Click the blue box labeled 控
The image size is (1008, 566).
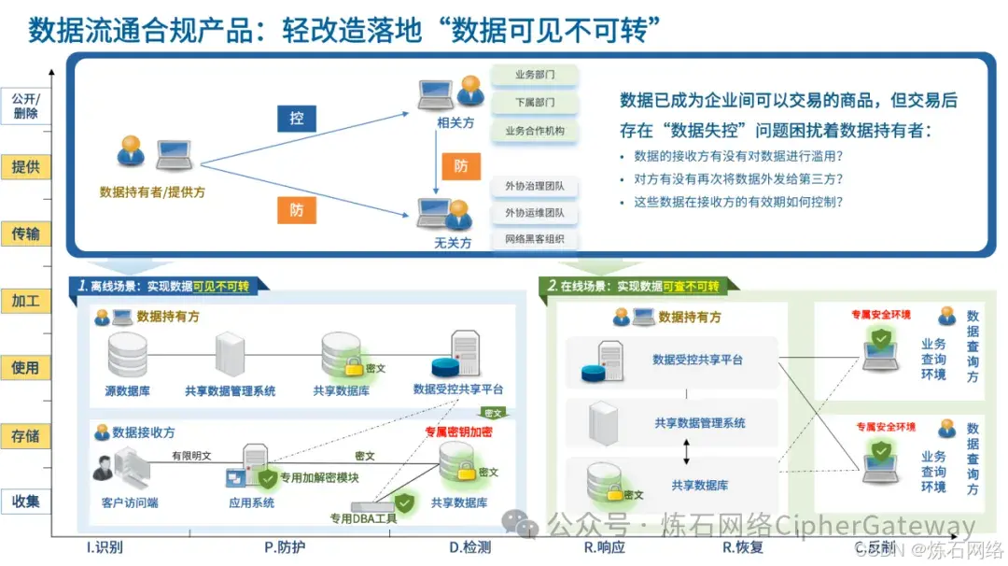[296, 119]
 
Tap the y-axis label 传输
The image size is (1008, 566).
[25, 233]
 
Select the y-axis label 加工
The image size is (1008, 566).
[25, 301]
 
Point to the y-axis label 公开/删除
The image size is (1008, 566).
[25, 106]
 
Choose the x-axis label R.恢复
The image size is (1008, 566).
[743, 546]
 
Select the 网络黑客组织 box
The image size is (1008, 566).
[535, 240]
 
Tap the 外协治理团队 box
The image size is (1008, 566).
[535, 186]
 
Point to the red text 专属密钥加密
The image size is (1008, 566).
[458, 432]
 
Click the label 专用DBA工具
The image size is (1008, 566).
[363, 518]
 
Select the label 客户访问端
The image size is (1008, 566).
[130, 502]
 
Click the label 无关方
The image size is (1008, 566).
[453, 243]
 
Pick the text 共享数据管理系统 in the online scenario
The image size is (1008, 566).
[700, 423]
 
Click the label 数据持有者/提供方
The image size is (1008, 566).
[152, 191]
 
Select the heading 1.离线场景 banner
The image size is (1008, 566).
[168, 287]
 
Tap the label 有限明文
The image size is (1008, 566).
[191, 456]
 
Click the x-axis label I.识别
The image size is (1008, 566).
[104, 546]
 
